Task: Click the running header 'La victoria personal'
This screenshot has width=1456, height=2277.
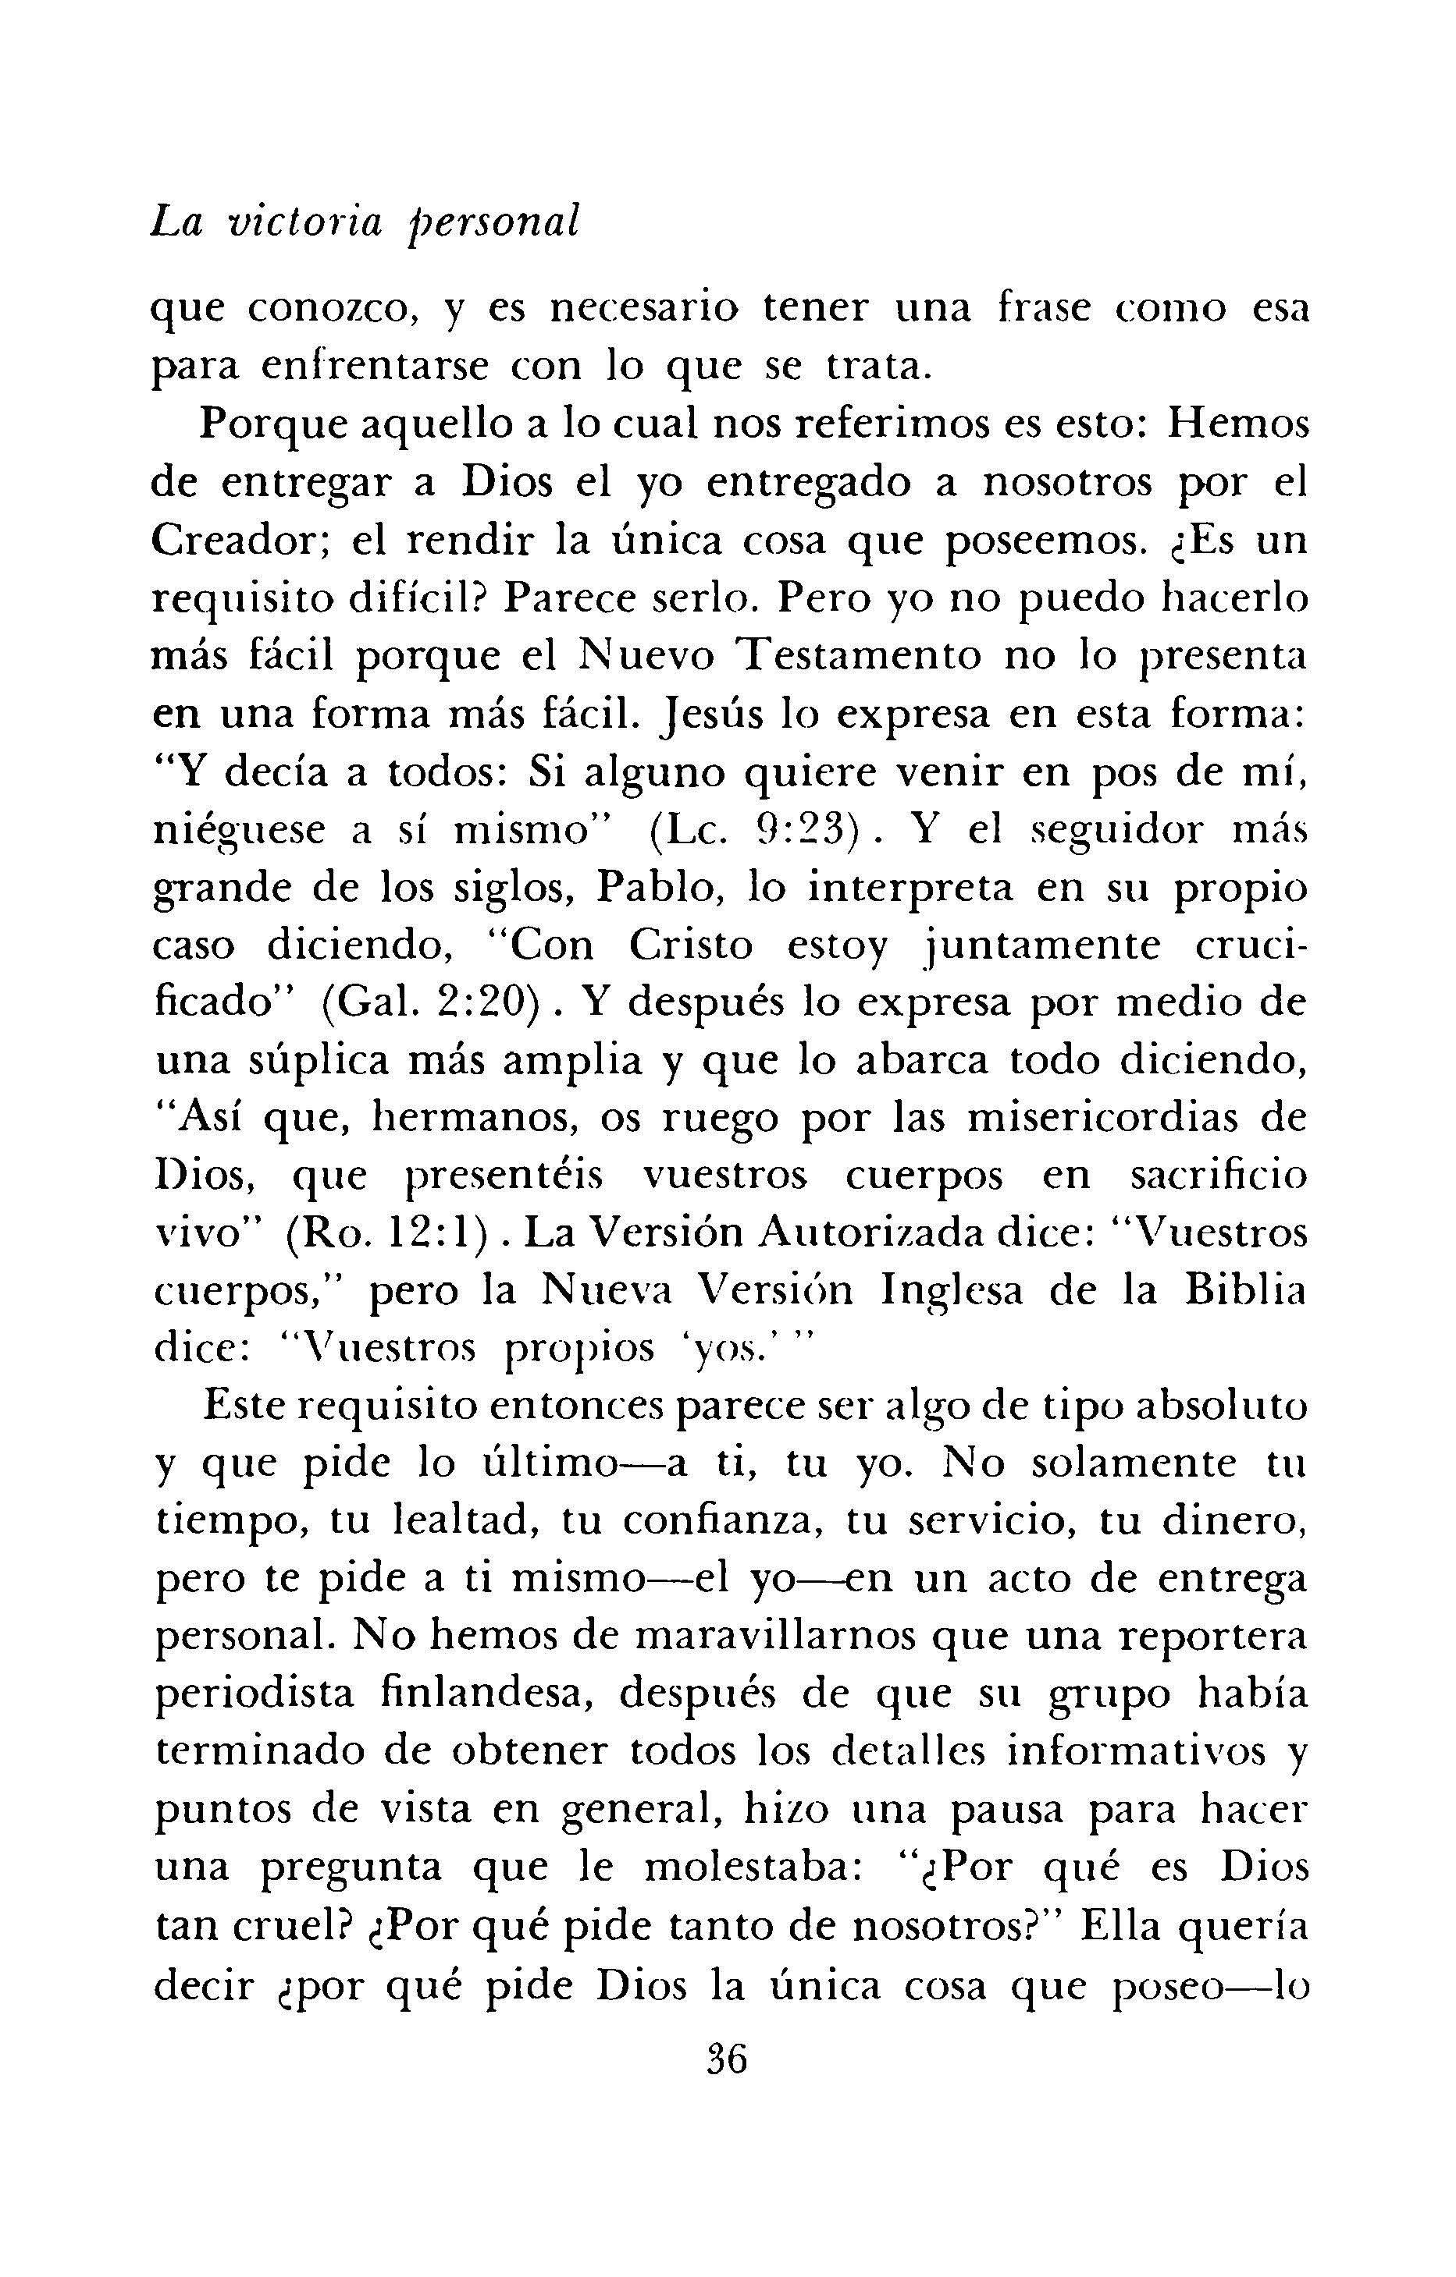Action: (365, 223)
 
